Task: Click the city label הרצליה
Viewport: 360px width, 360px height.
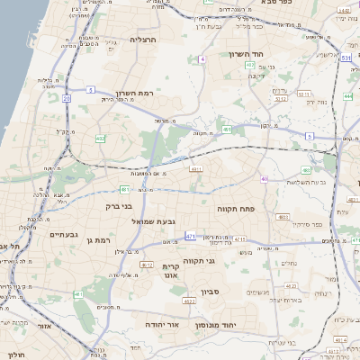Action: (144, 40)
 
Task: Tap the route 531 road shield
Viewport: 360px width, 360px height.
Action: (346, 58)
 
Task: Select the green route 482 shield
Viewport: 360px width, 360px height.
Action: (100, 139)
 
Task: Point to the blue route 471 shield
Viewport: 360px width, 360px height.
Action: (190, 236)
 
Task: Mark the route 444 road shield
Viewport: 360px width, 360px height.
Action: (348, 94)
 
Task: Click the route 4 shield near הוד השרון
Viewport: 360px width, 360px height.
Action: (203, 58)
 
